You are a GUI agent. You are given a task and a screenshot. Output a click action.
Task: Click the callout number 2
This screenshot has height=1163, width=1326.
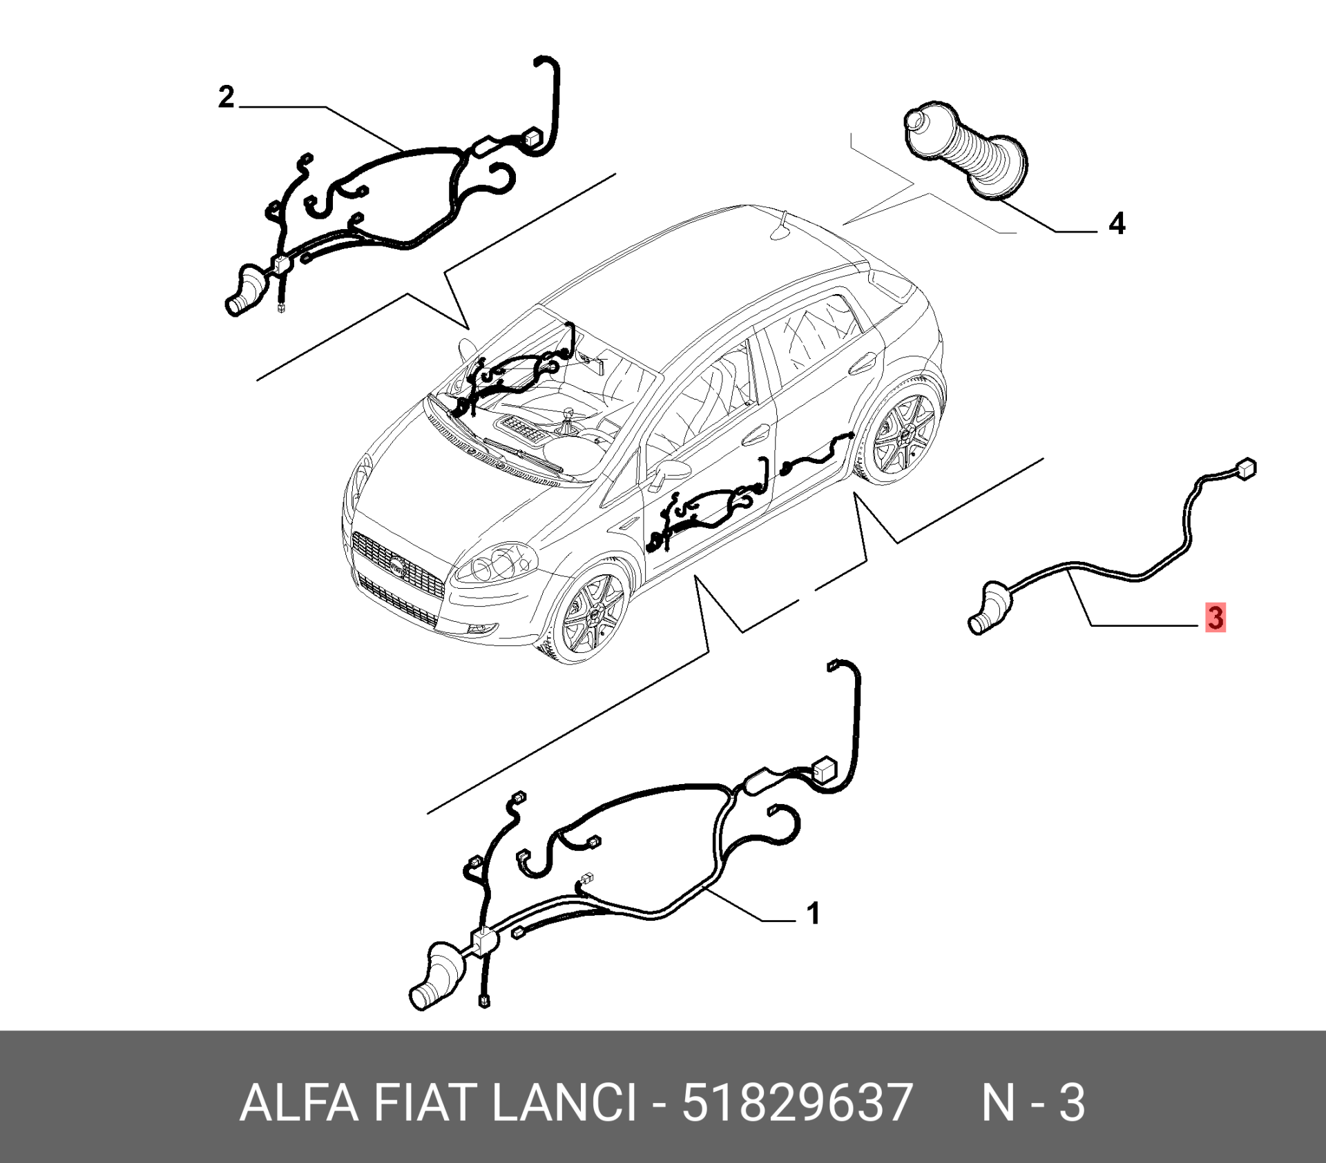(x=227, y=97)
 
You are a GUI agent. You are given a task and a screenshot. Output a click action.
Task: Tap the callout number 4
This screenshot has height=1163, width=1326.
(x=1117, y=224)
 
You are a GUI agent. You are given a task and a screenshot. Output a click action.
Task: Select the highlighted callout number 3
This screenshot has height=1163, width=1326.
(x=1215, y=617)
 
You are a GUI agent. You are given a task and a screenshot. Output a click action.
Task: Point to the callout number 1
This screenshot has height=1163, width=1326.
(x=814, y=913)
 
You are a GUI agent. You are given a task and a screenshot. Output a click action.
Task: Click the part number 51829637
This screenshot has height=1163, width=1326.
(x=798, y=1102)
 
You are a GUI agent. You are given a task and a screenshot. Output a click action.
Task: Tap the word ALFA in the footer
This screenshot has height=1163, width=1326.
(x=298, y=1102)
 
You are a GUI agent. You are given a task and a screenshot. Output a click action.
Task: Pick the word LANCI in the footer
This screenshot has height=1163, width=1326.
(x=564, y=1102)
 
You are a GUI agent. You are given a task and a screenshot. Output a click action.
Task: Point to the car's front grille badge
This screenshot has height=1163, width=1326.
(x=397, y=567)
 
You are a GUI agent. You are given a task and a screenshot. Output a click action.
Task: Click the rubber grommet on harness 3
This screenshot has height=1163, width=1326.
(x=989, y=607)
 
